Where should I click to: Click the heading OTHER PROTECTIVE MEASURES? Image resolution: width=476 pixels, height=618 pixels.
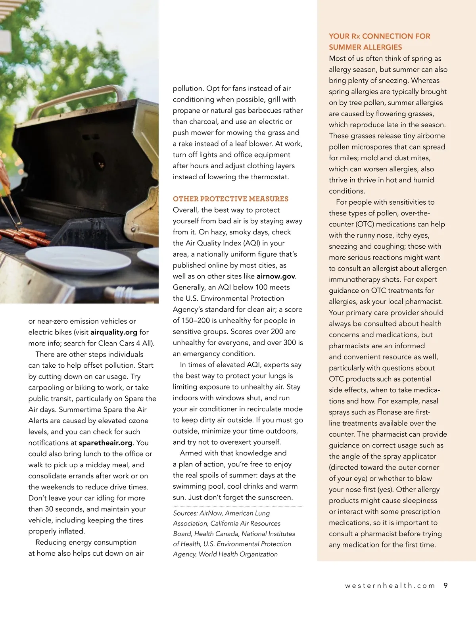point(230,199)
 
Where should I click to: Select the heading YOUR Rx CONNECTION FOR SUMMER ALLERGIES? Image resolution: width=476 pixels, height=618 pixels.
point(379,42)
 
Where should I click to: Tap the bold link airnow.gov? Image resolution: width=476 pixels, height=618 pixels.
point(276,276)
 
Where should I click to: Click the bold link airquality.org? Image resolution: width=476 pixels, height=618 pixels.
point(114,332)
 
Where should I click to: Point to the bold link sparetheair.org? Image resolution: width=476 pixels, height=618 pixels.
point(106,443)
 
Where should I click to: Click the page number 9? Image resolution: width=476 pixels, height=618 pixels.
point(445,585)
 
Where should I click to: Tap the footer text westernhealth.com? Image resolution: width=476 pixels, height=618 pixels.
point(390,586)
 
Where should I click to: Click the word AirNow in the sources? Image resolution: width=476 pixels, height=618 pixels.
point(210,513)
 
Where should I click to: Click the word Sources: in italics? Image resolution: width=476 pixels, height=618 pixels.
point(185,513)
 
